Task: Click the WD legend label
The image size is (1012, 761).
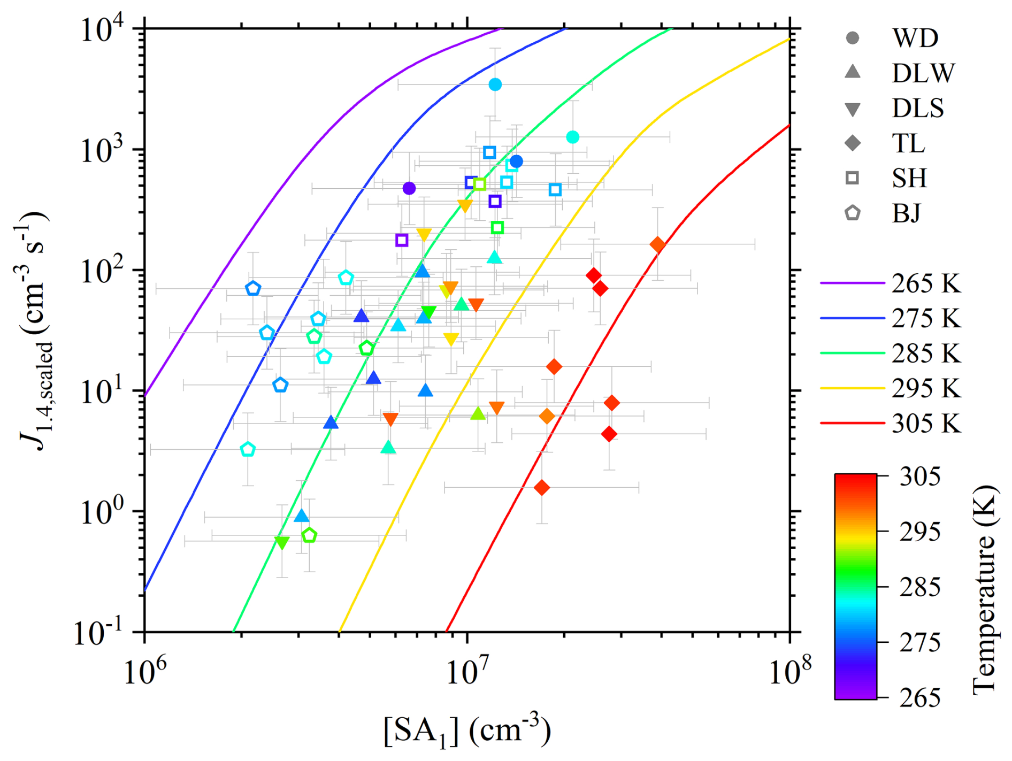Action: pyautogui.click(x=915, y=38)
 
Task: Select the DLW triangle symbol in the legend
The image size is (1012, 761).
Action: pyautogui.click(x=852, y=72)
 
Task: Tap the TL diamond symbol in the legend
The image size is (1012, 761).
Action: pyautogui.click(x=852, y=143)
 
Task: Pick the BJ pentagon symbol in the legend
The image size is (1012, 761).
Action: pyautogui.click(x=852, y=213)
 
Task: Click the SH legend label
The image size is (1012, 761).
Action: pyautogui.click(x=909, y=178)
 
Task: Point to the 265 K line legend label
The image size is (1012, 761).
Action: pyautogui.click(x=926, y=283)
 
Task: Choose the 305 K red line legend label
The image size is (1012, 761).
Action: pyautogui.click(x=926, y=424)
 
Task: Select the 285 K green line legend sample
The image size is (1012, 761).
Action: pyautogui.click(x=852, y=353)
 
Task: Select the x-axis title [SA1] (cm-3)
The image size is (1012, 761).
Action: pyautogui.click(x=466, y=731)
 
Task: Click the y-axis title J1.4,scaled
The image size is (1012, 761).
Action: pyautogui.click(x=35, y=332)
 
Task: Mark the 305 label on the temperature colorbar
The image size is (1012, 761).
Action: pyautogui.click(x=919, y=476)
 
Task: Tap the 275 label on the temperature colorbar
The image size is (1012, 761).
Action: pyautogui.click(x=919, y=642)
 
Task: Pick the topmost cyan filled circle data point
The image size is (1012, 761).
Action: pyautogui.click(x=495, y=84)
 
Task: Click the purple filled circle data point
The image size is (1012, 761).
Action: pyautogui.click(x=409, y=188)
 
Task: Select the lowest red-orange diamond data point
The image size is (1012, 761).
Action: pyautogui.click(x=542, y=488)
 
